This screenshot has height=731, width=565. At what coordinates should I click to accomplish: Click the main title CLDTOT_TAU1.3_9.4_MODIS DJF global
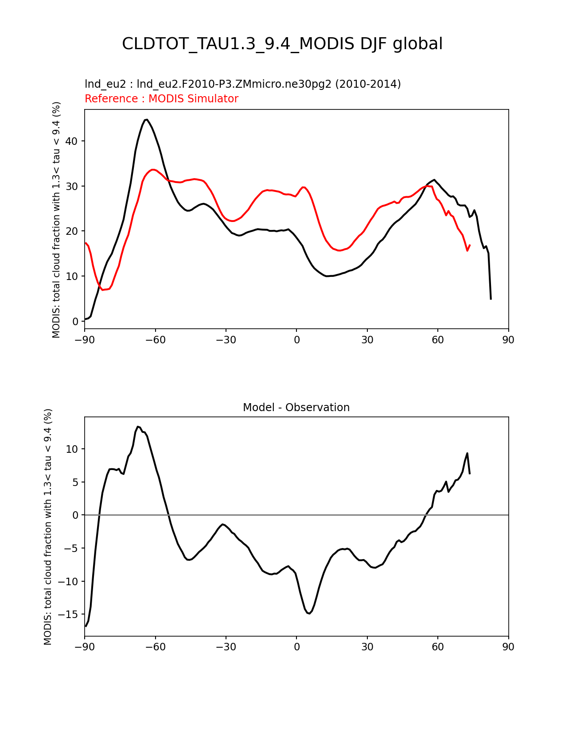[x=282, y=44]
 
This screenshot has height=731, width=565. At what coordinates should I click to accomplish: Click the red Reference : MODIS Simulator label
[x=161, y=99]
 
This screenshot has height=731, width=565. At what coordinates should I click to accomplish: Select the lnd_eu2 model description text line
[x=242, y=84]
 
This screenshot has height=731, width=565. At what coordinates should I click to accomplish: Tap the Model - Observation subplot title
[x=296, y=408]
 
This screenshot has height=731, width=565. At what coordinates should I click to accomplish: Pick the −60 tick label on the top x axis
[x=156, y=340]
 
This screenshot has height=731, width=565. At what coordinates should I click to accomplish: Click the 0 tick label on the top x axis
[x=296, y=340]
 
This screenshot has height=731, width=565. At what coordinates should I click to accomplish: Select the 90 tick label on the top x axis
[x=508, y=340]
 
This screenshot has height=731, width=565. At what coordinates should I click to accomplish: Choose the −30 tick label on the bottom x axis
[x=226, y=647]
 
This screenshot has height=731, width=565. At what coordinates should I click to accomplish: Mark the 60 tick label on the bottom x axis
[x=438, y=647]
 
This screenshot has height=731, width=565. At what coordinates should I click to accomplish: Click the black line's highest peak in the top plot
[x=146, y=119]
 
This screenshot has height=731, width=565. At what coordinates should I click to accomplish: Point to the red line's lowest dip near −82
[x=103, y=290]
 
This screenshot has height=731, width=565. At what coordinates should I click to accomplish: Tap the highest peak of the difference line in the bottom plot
[x=138, y=427]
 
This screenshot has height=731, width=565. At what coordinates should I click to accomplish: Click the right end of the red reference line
[x=470, y=245]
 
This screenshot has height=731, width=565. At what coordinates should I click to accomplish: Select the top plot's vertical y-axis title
[x=56, y=219]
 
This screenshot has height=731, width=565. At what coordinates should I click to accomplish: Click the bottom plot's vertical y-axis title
[x=48, y=526]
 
